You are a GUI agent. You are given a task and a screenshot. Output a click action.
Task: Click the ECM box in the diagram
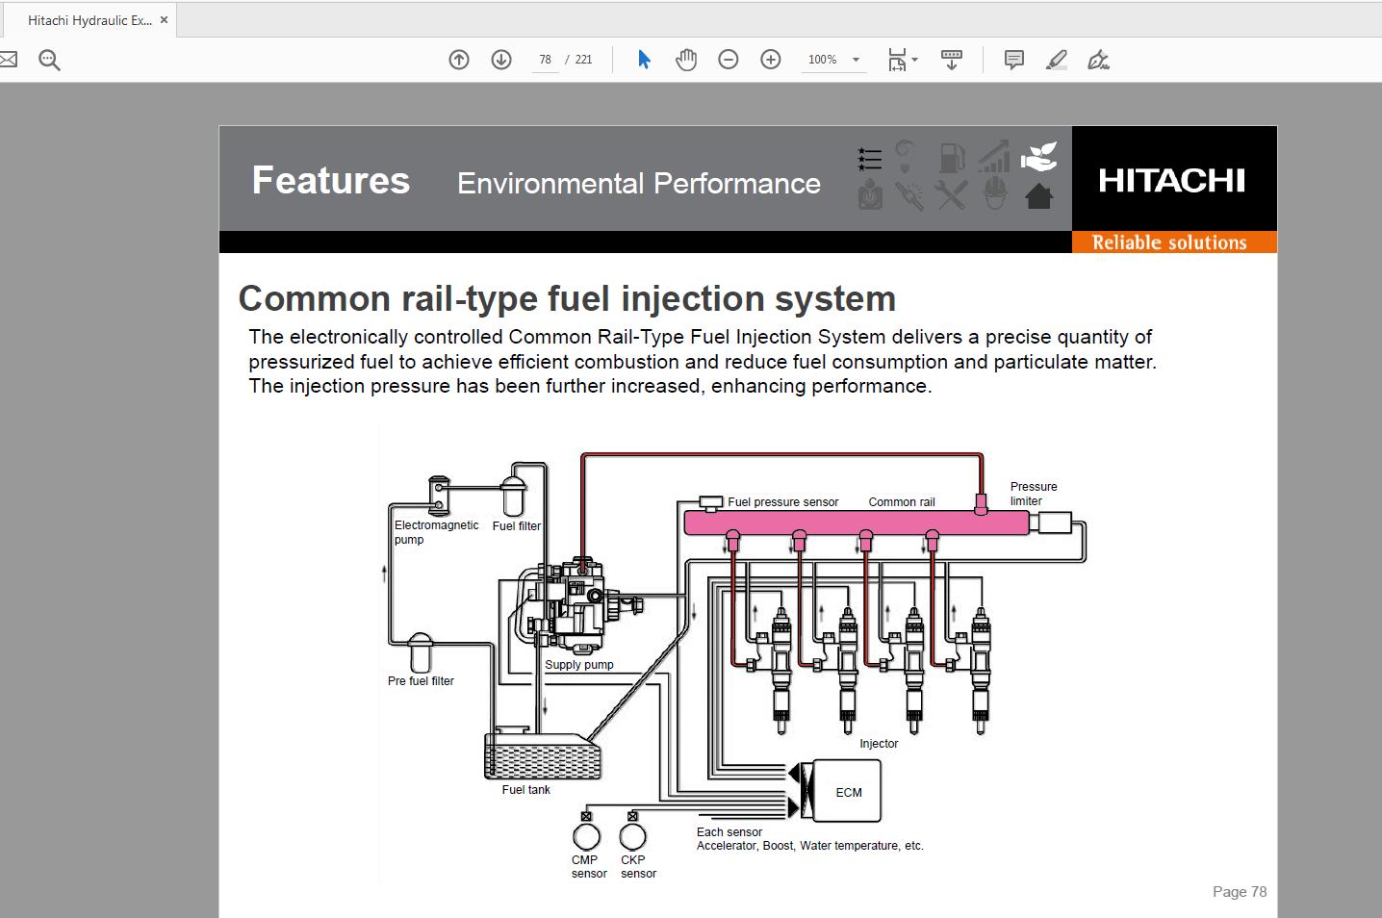(847, 791)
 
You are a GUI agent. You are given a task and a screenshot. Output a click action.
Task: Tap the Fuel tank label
(525, 790)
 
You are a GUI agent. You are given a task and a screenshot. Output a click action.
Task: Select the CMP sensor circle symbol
(586, 836)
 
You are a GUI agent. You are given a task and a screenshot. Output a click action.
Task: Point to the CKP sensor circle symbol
(632, 836)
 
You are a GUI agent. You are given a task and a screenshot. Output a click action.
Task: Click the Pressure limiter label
(1033, 494)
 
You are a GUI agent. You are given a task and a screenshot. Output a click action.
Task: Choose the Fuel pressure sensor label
(782, 502)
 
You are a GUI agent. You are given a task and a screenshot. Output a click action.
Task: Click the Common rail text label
(901, 502)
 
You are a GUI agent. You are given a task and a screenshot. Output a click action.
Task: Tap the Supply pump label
(578, 665)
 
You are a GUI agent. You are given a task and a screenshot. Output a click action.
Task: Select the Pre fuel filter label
(421, 681)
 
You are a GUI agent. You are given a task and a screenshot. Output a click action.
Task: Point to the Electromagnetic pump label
(435, 532)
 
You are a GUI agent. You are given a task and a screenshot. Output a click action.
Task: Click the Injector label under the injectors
(879, 744)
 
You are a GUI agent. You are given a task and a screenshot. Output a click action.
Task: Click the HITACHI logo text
(1171, 181)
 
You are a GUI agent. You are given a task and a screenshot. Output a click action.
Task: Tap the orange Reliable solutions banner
(1169, 242)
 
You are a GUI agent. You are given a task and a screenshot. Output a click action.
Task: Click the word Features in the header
(330, 181)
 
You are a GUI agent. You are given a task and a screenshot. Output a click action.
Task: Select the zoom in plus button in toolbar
(770, 60)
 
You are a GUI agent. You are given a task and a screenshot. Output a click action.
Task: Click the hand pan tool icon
(685, 60)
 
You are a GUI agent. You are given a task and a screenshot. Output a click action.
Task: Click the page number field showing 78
(545, 60)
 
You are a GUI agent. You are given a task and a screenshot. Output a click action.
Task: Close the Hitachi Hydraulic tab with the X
(164, 20)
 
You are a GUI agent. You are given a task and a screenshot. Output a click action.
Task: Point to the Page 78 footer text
(1239, 892)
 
